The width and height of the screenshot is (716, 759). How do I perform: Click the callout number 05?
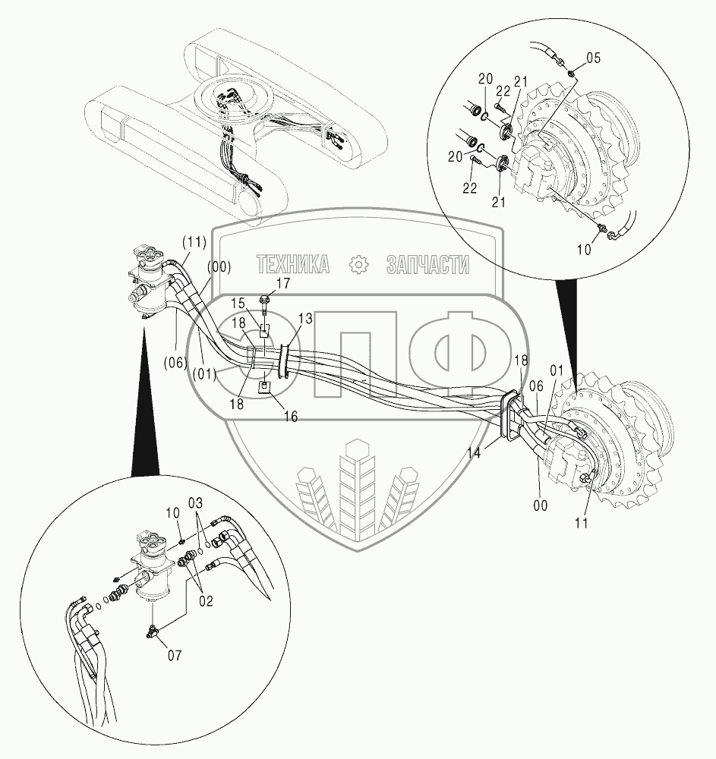pyautogui.click(x=592, y=56)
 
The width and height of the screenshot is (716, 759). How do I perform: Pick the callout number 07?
pyautogui.click(x=174, y=654)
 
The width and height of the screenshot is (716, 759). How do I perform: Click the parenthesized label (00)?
pyautogui.click(x=219, y=266)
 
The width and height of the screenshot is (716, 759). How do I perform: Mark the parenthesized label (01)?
pyautogui.click(x=203, y=373)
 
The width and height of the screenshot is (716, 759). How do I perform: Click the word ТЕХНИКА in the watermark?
pyautogui.click(x=293, y=264)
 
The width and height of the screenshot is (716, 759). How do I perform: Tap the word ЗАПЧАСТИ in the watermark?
pyautogui.click(x=427, y=264)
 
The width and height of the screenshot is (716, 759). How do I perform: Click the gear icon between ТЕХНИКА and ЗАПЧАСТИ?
pyautogui.click(x=358, y=264)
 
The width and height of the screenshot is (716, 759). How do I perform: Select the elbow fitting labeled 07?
pyautogui.click(x=154, y=628)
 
